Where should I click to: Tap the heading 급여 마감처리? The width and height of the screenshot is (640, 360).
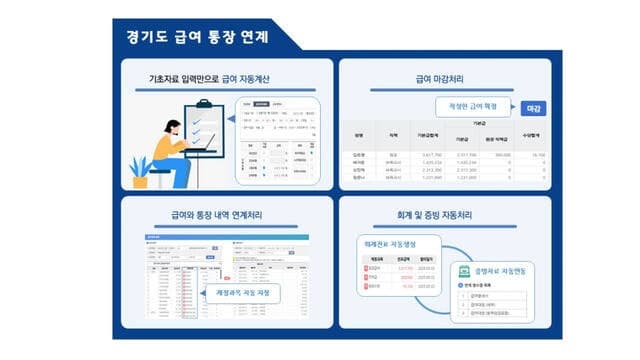click(445, 77)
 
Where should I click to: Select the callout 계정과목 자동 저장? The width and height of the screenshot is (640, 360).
click(242, 293)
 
